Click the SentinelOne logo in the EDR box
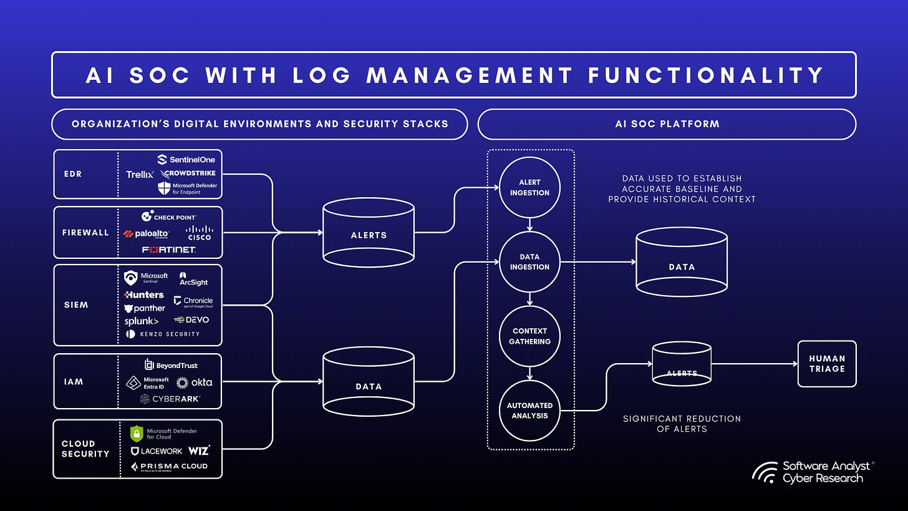(186, 160)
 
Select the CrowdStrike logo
(188, 174)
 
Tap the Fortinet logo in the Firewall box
(168, 250)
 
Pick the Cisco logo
(199, 233)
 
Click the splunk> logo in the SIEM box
(141, 321)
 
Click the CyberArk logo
(170, 398)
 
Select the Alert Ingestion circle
(529, 187)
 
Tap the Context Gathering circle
(529, 336)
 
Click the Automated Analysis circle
(529, 410)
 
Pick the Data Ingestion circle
(529, 261)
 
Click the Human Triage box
(827, 364)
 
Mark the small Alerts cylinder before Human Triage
(682, 364)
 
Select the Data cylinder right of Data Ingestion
(682, 262)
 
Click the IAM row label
(74, 381)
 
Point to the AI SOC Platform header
(667, 124)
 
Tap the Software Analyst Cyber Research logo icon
(765, 472)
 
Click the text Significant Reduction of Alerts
(682, 424)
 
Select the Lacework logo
(157, 450)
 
